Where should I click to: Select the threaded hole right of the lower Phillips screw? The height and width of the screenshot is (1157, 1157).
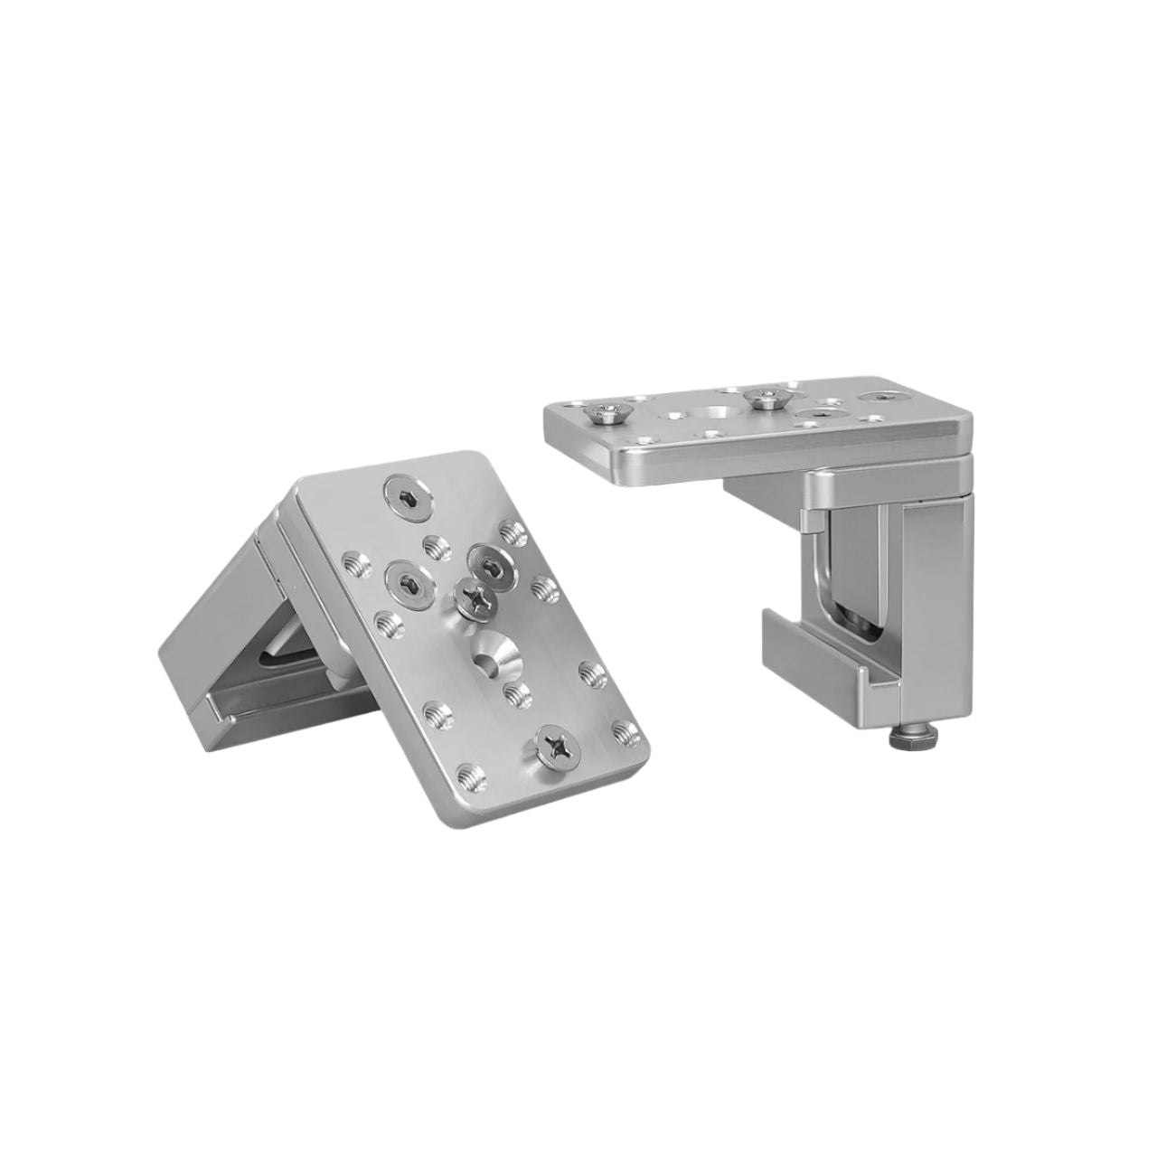621,729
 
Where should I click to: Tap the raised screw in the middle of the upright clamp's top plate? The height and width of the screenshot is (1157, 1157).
767,395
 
